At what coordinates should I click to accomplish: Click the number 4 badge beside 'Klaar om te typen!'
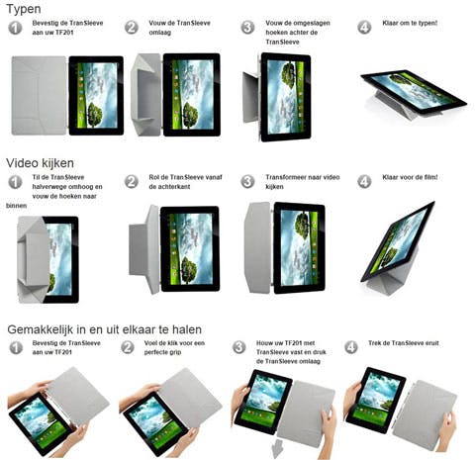pyautogui.click(x=363, y=27)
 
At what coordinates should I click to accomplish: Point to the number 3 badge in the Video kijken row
pyautogui.click(x=247, y=182)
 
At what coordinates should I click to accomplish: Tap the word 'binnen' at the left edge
pyautogui.click(x=19, y=206)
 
